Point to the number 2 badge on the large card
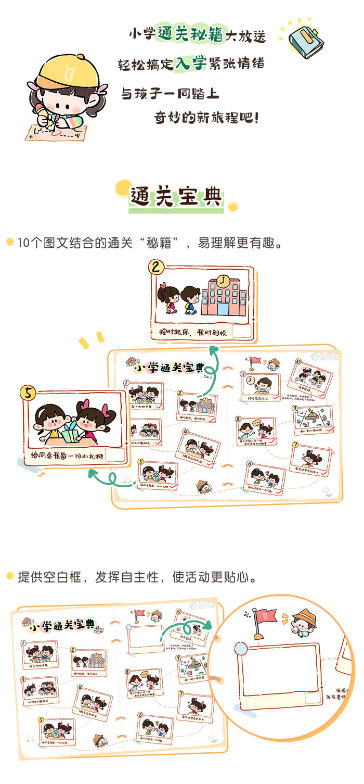156,268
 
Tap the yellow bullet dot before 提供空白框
9,576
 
